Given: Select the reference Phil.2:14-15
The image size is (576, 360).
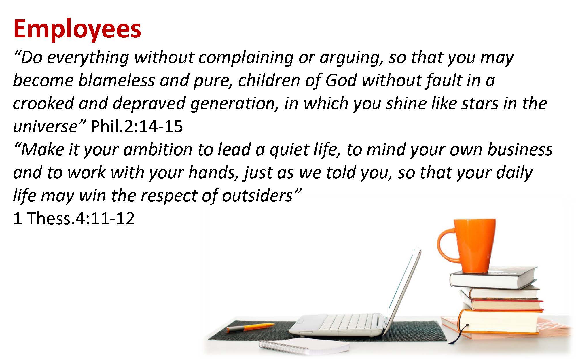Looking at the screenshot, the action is (137, 126).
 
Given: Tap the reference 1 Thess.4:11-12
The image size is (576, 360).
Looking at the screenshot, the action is (74, 218).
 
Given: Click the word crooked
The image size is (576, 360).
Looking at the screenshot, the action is (43, 103).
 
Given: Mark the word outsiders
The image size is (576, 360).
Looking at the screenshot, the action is (257, 196).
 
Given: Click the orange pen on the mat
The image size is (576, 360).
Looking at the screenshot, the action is (250, 327).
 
